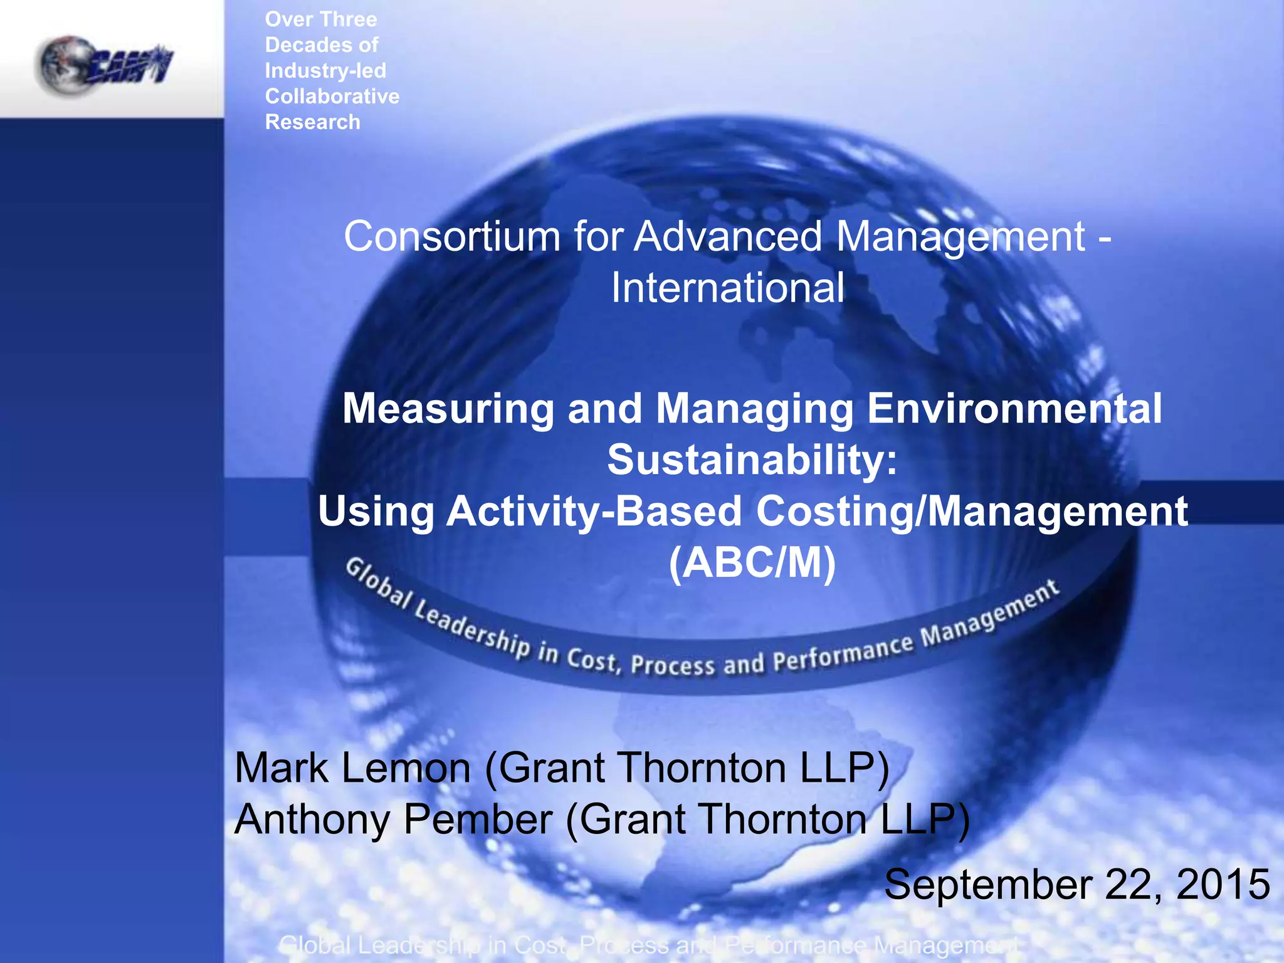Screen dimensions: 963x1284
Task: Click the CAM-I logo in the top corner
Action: pyautogui.click(x=105, y=65)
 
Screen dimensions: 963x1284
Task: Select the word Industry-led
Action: pyautogui.click(x=325, y=71)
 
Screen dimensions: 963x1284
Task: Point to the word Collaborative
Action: pyautogui.click(x=332, y=97)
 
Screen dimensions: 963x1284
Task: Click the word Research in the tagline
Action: pyautogui.click(x=313, y=122)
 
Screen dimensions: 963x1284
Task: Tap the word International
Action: pyautogui.click(x=727, y=288)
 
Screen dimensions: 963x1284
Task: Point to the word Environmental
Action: pyautogui.click(x=1014, y=409)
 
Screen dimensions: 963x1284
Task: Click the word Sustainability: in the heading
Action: pyautogui.click(x=752, y=460)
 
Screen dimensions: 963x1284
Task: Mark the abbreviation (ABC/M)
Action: pyautogui.click(x=752, y=563)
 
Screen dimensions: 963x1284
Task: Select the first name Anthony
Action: pyautogui.click(x=312, y=820)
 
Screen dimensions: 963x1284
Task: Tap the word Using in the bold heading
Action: pyautogui.click(x=376, y=512)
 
